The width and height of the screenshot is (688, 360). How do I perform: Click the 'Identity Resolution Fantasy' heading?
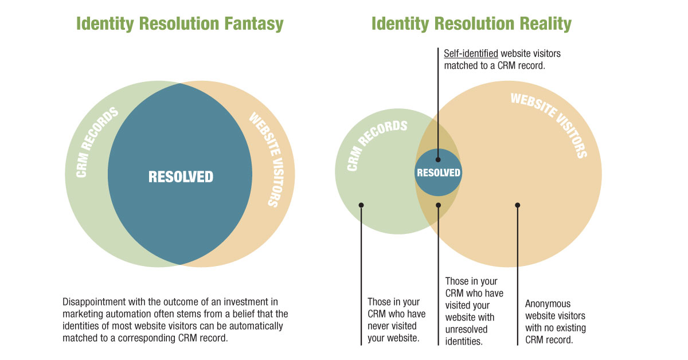click(x=179, y=24)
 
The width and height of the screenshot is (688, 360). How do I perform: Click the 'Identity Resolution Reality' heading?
click(x=471, y=24)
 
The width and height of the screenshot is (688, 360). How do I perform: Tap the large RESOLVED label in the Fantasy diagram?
click(x=181, y=177)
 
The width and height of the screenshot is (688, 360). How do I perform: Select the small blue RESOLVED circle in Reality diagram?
click(x=438, y=173)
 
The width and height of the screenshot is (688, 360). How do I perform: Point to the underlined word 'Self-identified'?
click(x=471, y=53)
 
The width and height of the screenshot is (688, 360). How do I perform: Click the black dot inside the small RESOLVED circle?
click(x=438, y=160)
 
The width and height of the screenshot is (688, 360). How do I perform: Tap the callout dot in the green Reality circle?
click(x=361, y=205)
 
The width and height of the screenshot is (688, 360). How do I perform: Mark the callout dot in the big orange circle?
click(x=518, y=205)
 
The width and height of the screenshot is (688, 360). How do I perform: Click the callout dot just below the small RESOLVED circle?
click(x=438, y=205)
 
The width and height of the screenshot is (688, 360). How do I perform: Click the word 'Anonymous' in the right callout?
click(x=548, y=304)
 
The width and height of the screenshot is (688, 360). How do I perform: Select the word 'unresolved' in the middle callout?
click(x=466, y=329)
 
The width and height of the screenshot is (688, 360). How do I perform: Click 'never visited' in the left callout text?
click(x=392, y=326)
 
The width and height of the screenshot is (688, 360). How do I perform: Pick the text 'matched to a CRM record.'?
click(x=494, y=66)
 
